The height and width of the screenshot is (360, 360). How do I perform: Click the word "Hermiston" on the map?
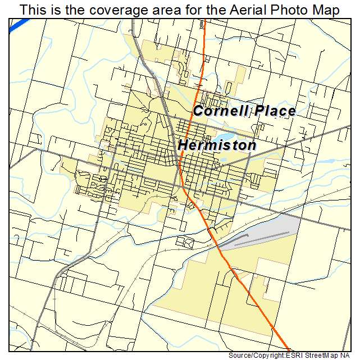217,145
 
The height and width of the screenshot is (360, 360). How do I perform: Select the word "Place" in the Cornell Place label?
274,111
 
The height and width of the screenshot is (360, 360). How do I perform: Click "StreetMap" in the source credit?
326,356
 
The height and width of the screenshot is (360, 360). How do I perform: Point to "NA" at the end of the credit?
350,356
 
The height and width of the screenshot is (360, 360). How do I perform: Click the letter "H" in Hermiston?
184,145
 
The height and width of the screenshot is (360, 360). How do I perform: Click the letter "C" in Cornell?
198,111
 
